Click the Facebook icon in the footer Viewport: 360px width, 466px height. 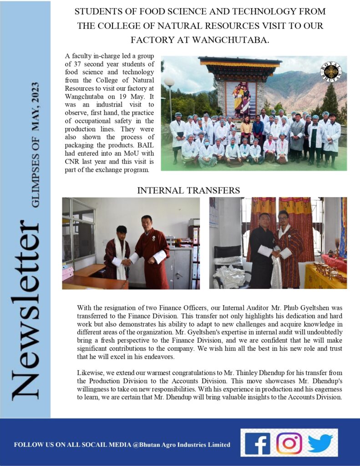pos(258,443)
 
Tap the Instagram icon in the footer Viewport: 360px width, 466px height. pos(289,443)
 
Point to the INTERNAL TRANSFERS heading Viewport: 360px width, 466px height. pos(188,190)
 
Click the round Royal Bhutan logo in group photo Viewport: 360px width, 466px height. pos(330,71)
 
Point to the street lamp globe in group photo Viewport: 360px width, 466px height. pos(169,82)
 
